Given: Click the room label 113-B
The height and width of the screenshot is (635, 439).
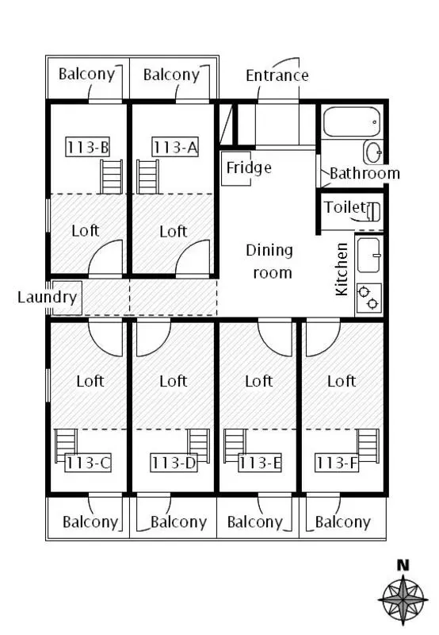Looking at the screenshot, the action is click(x=88, y=147).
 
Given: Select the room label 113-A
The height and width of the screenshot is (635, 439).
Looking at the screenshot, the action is click(x=175, y=147).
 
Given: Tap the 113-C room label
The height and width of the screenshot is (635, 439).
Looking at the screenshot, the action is click(x=88, y=463).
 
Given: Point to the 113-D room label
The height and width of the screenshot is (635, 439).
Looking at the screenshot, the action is click(x=174, y=463).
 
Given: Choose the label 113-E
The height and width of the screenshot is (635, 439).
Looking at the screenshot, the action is click(x=260, y=463).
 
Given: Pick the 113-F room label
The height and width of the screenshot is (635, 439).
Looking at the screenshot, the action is click(x=337, y=463).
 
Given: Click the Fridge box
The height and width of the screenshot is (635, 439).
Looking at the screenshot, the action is click(x=236, y=168).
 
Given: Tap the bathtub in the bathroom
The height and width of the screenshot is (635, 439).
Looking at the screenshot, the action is click(x=352, y=121).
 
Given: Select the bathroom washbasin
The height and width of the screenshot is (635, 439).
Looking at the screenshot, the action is click(x=372, y=152).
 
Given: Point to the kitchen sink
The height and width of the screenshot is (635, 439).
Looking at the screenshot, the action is click(x=368, y=255).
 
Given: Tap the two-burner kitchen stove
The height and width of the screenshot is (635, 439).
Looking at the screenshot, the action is click(x=368, y=298).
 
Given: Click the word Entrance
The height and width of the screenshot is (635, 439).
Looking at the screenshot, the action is click(x=277, y=75).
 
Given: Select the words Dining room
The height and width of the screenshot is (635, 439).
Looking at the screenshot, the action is click(x=269, y=261).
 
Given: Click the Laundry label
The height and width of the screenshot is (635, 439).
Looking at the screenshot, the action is click(x=47, y=297).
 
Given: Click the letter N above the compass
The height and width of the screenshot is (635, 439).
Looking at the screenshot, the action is click(x=403, y=565).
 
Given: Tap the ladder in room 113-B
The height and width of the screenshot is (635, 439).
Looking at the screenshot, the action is click(x=112, y=176).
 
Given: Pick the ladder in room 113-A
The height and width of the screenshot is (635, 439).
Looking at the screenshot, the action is click(x=148, y=176).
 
